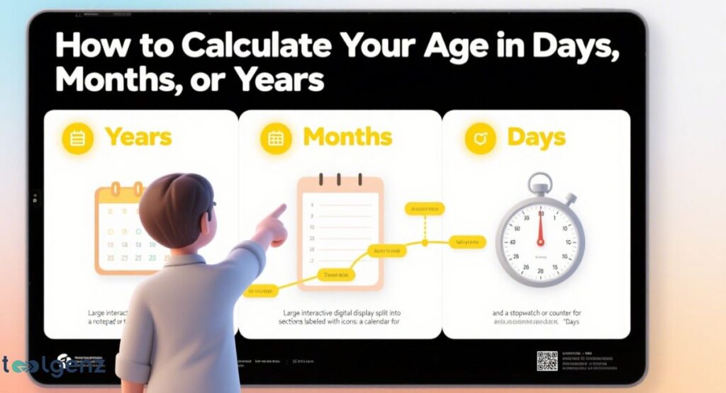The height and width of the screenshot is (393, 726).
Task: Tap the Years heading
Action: point(138,137)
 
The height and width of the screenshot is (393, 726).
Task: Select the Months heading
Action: point(347,137)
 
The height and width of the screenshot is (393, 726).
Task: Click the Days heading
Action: point(537,137)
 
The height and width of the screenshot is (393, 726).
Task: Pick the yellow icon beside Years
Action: point(78,138)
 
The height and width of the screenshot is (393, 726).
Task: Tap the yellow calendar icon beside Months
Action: point(277,138)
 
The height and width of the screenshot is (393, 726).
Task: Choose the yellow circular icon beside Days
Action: point(481,138)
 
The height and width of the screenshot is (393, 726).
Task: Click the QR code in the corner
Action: point(547,360)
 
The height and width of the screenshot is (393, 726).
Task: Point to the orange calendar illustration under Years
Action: point(121,230)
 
